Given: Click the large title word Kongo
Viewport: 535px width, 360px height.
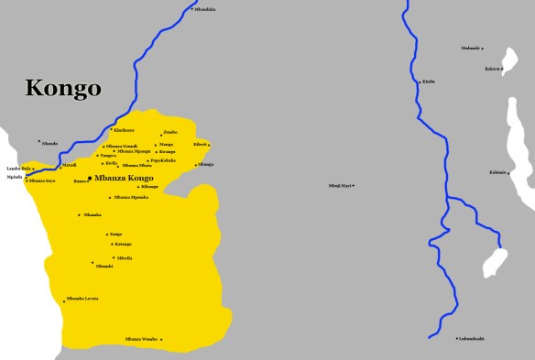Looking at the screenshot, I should [62, 88].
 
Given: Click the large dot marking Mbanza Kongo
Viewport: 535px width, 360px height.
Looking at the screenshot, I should [89, 177].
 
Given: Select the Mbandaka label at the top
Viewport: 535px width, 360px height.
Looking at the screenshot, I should [205, 9].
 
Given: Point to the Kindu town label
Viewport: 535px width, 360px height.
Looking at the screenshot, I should [429, 82].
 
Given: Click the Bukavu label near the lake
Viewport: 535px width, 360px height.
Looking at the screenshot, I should [493, 69].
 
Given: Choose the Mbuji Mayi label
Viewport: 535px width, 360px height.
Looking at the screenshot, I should [340, 186].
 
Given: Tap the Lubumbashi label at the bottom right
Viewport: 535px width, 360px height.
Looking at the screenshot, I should [472, 339].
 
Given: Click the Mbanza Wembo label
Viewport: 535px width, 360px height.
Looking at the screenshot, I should [141, 339].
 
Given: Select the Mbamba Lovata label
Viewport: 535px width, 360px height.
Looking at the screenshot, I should [82, 299].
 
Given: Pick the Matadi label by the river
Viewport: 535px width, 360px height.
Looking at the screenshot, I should [69, 166].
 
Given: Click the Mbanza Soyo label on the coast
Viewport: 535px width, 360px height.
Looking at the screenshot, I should [42, 180].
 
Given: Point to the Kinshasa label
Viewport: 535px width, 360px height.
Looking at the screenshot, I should [124, 130].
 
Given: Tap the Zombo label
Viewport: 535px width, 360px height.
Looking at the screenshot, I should [170, 133].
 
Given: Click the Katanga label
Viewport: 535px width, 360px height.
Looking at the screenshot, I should [124, 244].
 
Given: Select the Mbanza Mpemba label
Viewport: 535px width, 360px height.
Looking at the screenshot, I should [131, 197].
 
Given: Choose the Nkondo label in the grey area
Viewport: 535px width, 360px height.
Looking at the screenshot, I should [49, 143].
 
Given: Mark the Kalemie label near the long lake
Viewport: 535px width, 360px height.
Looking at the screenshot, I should [497, 172].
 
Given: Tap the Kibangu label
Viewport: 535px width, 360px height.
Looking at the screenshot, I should [150, 186].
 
